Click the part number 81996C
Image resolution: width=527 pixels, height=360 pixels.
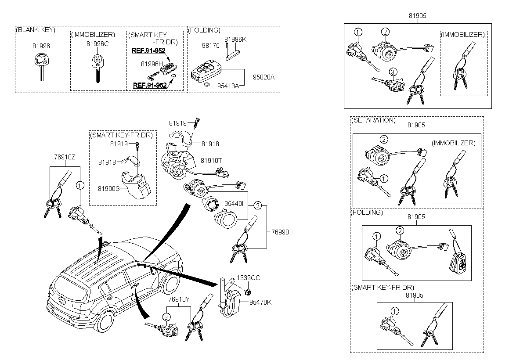click(x=97, y=44)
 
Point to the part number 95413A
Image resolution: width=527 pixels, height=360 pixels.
click(x=228, y=86)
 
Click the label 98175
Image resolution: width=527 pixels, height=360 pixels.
click(x=211, y=46)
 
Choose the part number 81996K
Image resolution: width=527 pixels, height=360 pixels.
click(x=236, y=40)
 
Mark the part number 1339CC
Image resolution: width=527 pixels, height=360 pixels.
click(x=249, y=278)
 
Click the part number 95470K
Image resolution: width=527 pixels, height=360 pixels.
click(x=260, y=302)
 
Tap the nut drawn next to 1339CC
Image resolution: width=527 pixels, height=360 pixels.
click(x=247, y=292)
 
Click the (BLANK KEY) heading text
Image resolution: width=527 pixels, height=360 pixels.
click(x=35, y=30)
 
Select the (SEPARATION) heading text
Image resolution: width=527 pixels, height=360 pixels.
click(x=373, y=120)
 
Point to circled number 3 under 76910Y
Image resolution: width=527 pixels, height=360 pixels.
click(x=166, y=317)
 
